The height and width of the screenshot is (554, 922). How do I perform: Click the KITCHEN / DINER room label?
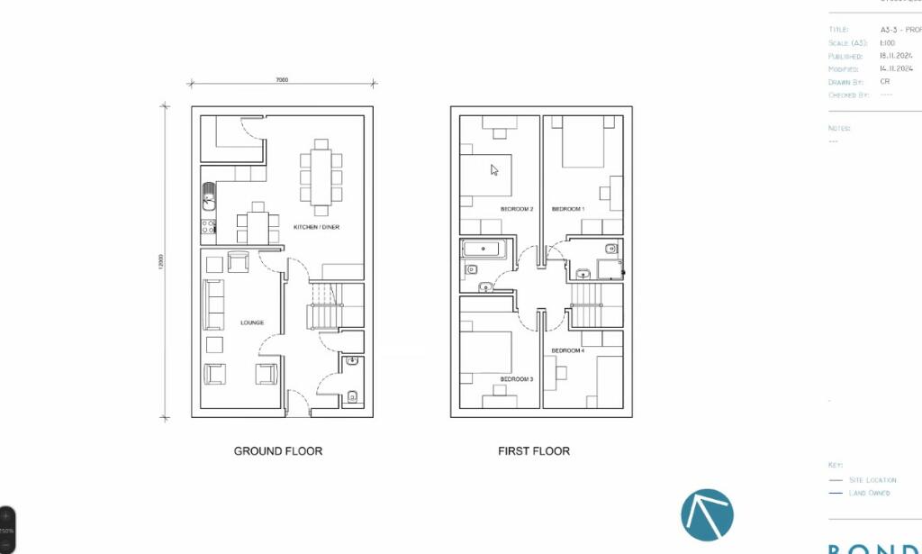tap(316, 227)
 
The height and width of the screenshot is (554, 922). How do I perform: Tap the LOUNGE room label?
tap(251, 322)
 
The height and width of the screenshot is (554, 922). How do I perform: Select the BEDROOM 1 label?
tap(568, 209)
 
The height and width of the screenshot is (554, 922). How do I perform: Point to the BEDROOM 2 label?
tap(517, 209)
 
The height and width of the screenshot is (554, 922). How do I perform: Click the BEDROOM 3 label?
tap(517, 379)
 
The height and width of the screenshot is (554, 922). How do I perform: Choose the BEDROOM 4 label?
tap(568, 350)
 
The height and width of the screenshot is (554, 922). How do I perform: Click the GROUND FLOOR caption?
tap(277, 451)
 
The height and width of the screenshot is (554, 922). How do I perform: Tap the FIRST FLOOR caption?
tap(533, 451)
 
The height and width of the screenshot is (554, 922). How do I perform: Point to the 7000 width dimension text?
tap(282, 80)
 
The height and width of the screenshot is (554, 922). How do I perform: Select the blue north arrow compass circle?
tap(707, 515)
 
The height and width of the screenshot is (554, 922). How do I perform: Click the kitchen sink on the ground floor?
tap(209, 193)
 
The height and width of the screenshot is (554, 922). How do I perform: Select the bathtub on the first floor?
tap(484, 249)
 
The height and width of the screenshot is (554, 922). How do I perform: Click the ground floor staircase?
tap(321, 305)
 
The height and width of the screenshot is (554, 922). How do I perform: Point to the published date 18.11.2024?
tap(897, 56)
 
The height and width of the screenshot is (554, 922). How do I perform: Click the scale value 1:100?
tap(888, 43)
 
